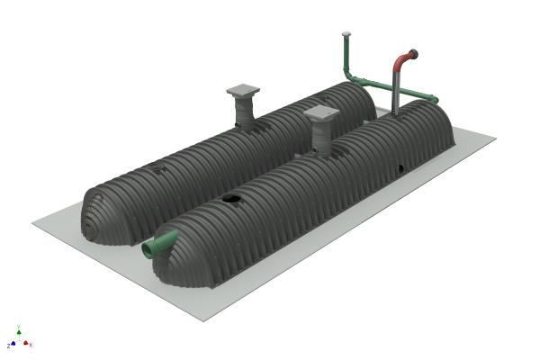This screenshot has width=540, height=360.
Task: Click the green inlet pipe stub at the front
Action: coord(160,243)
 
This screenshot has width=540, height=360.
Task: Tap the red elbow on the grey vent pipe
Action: coord(400,60)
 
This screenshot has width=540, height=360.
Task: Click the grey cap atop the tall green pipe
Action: coord(345,34)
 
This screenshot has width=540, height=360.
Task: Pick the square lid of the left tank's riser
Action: coord(244,90)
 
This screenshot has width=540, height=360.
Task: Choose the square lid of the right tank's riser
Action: coord(321,114)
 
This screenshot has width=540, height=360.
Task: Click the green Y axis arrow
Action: coord(18,330)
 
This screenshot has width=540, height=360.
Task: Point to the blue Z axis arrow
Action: coord(12,344)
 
